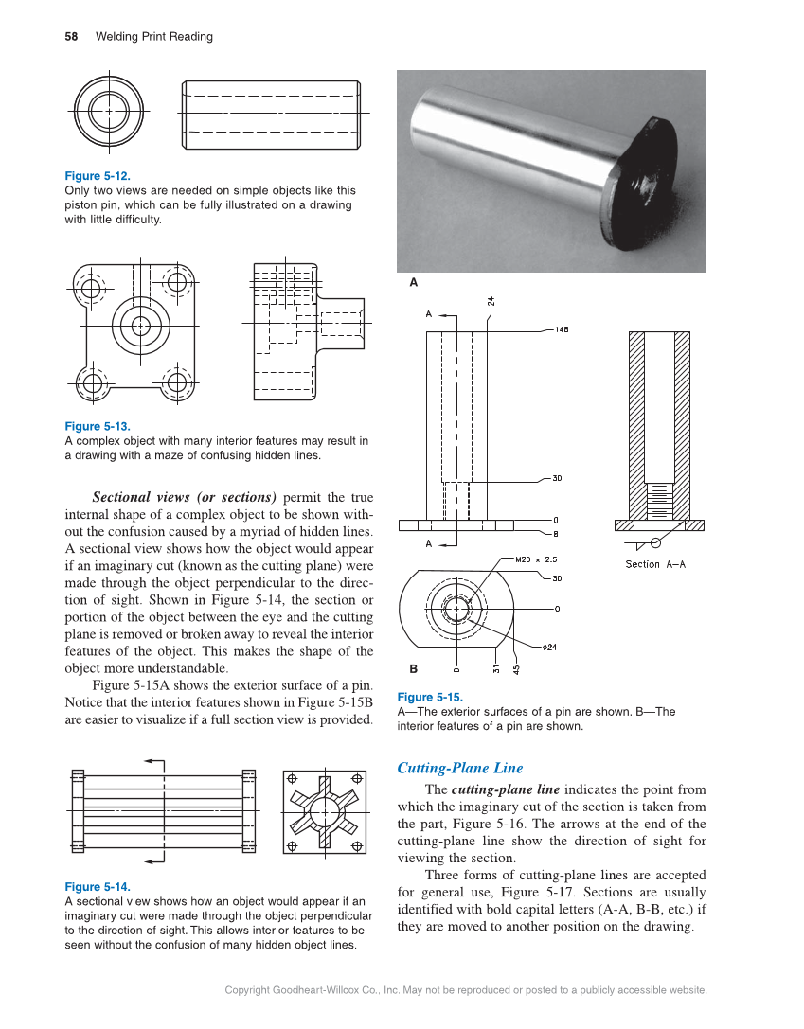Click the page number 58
tap(71, 37)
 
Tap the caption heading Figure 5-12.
tap(97, 176)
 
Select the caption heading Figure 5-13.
tap(97, 427)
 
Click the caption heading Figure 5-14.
tap(97, 887)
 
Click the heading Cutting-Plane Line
tap(459, 768)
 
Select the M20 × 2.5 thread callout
tap(535, 559)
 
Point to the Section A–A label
tap(655, 564)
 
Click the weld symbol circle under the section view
tap(654, 542)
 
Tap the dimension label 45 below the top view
tap(516, 667)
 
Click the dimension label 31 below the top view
tap(496, 667)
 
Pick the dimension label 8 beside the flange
tap(556, 533)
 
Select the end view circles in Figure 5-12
tap(109, 110)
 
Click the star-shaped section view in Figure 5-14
tap(324, 812)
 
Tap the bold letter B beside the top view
tap(413, 668)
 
